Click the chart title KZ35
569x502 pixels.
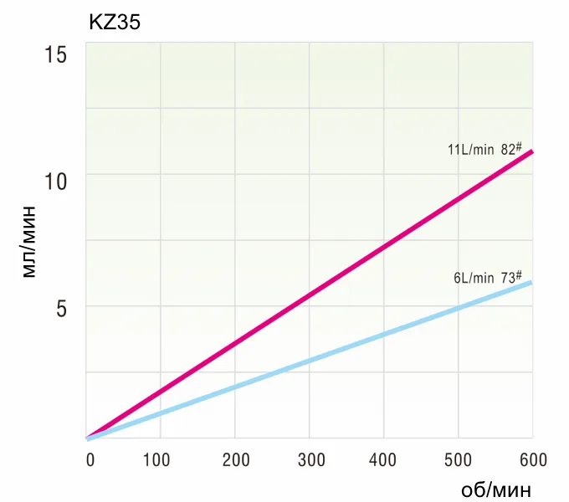(x=115, y=22)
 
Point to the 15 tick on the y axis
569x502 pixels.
(x=55, y=54)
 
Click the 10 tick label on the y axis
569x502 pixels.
(x=55, y=182)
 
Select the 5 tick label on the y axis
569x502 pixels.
(x=62, y=309)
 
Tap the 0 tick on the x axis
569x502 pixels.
(x=90, y=460)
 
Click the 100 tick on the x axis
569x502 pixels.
(x=156, y=460)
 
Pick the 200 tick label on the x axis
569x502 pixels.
(x=236, y=460)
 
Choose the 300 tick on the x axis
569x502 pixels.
(x=311, y=460)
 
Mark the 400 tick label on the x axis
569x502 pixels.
(x=382, y=460)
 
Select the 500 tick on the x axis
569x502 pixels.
(x=458, y=460)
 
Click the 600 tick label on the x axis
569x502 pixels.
(x=534, y=460)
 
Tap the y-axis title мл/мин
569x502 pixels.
(x=29, y=242)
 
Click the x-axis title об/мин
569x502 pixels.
(x=496, y=489)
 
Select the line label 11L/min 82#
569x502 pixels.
(x=484, y=150)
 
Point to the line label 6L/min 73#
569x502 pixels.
(x=488, y=278)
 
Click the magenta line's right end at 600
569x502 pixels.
(x=532, y=151)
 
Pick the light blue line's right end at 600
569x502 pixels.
(x=531, y=283)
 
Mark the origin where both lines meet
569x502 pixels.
(x=87, y=438)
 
